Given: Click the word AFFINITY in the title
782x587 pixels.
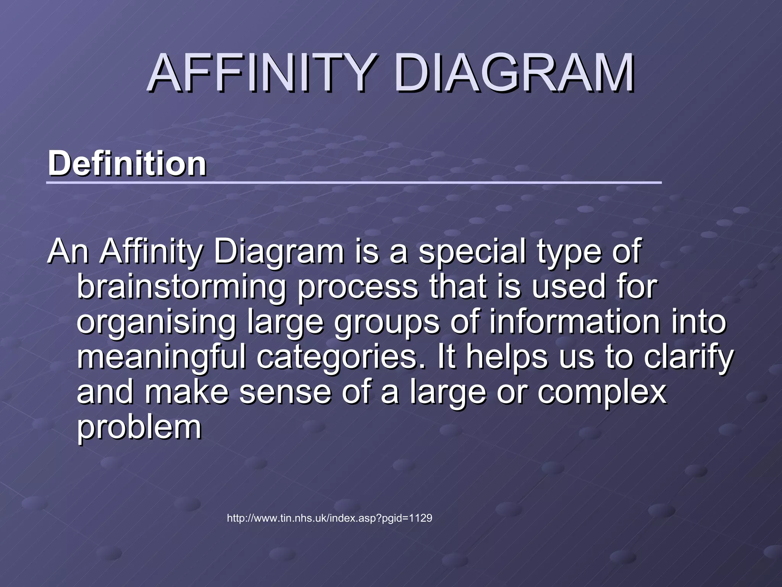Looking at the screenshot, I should (x=260, y=73).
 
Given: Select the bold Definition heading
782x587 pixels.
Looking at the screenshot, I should (x=127, y=164).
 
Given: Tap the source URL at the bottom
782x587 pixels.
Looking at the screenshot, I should (x=330, y=519).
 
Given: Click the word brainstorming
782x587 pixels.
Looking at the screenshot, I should (x=181, y=287).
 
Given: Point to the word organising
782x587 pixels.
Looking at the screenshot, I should (x=157, y=323).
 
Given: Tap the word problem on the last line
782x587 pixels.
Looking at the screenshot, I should (x=139, y=428).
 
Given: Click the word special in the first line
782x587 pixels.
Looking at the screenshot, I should (x=472, y=252).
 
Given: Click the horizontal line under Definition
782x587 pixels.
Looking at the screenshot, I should (x=354, y=183).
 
